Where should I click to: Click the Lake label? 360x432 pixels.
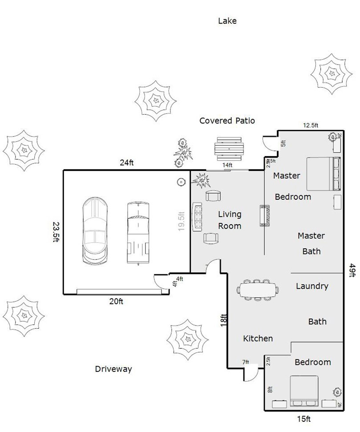pyautogui.click(x=227, y=20)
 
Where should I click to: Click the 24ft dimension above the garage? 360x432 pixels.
pyautogui.click(x=126, y=163)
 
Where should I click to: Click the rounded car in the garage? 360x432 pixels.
pyautogui.click(x=96, y=231)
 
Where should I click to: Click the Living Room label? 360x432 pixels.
pyautogui.click(x=230, y=220)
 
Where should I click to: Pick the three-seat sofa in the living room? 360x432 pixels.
pyautogui.click(x=197, y=217)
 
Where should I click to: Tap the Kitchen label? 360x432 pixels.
pyautogui.click(x=258, y=339)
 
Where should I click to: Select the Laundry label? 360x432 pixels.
pyautogui.click(x=312, y=286)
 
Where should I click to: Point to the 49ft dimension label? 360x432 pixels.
pyautogui.click(x=352, y=270)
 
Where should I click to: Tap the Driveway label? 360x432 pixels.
pyautogui.click(x=113, y=369)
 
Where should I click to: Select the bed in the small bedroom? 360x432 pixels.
pyautogui.click(x=304, y=391)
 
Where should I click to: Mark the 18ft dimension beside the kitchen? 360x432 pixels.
pyautogui.click(x=224, y=321)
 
